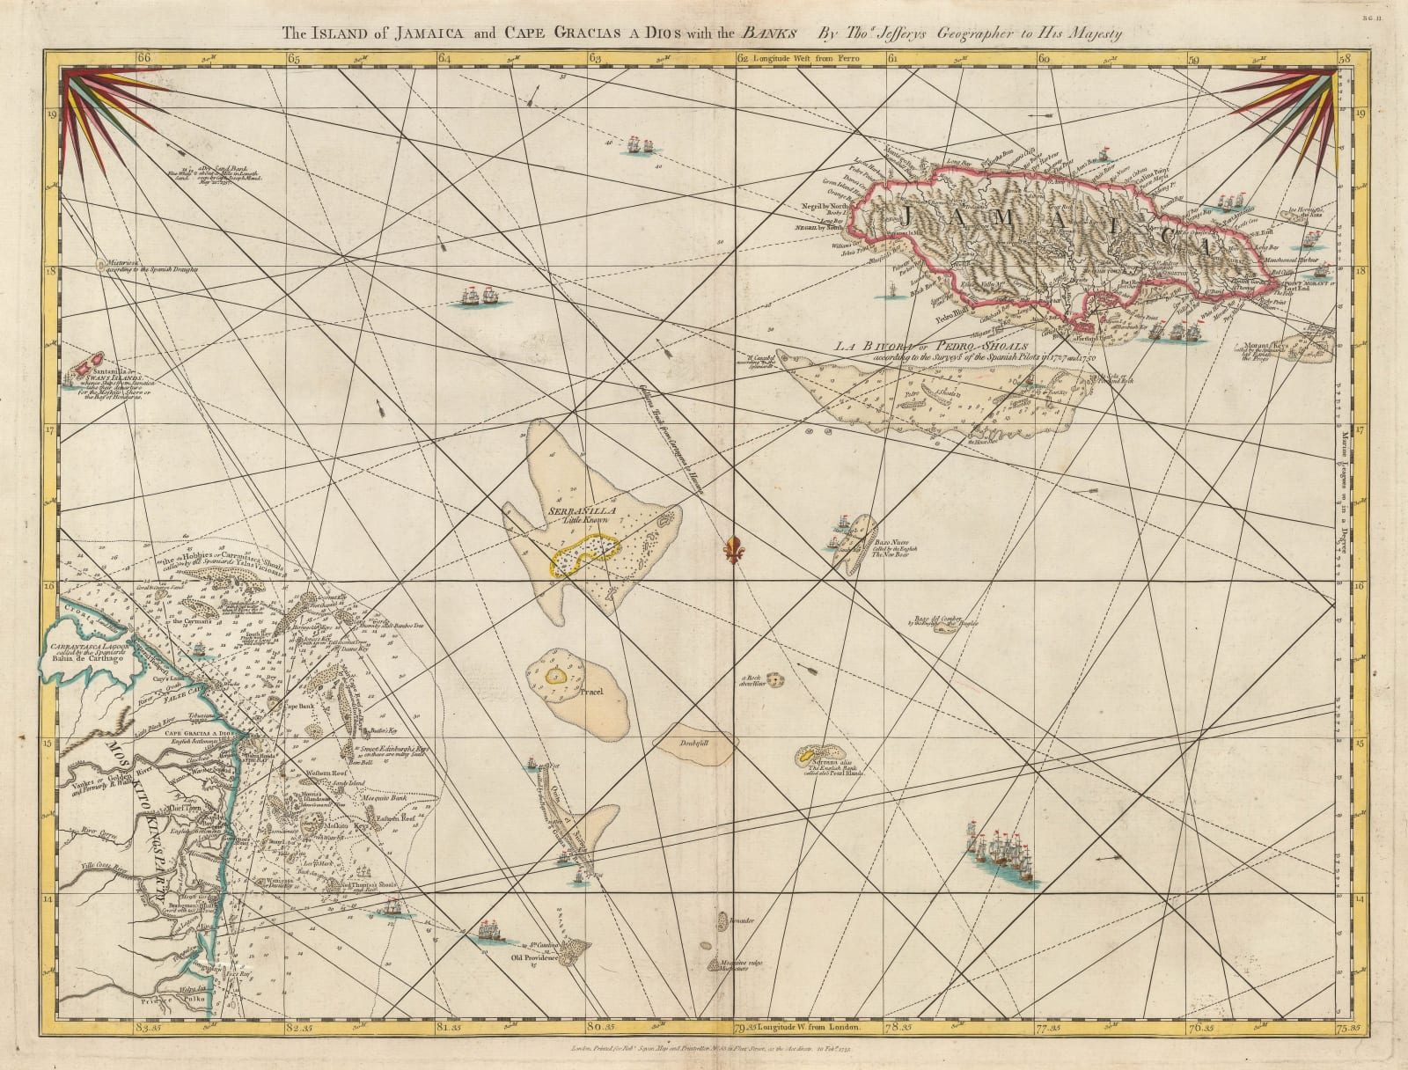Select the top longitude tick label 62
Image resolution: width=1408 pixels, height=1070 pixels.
742,58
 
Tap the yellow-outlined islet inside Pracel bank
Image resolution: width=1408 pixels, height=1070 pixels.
555,676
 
